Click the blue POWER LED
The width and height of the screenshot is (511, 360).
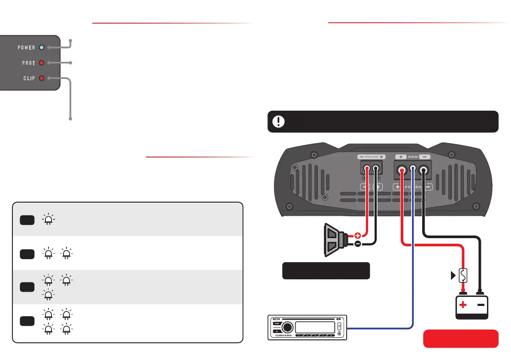(41, 48)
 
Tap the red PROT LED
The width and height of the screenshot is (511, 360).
(42, 63)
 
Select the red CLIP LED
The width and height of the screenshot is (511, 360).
(42, 78)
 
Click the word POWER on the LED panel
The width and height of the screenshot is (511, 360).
(26, 48)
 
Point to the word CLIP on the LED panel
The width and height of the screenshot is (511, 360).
(29, 78)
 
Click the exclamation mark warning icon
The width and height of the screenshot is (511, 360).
(279, 121)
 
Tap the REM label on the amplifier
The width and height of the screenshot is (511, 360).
(413, 157)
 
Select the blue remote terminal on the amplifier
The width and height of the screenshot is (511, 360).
(413, 170)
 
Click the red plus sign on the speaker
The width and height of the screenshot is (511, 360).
(358, 236)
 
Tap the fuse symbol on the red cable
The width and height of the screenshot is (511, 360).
(463, 275)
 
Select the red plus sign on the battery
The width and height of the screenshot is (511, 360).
(463, 306)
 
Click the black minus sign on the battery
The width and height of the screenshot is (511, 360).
(481, 305)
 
